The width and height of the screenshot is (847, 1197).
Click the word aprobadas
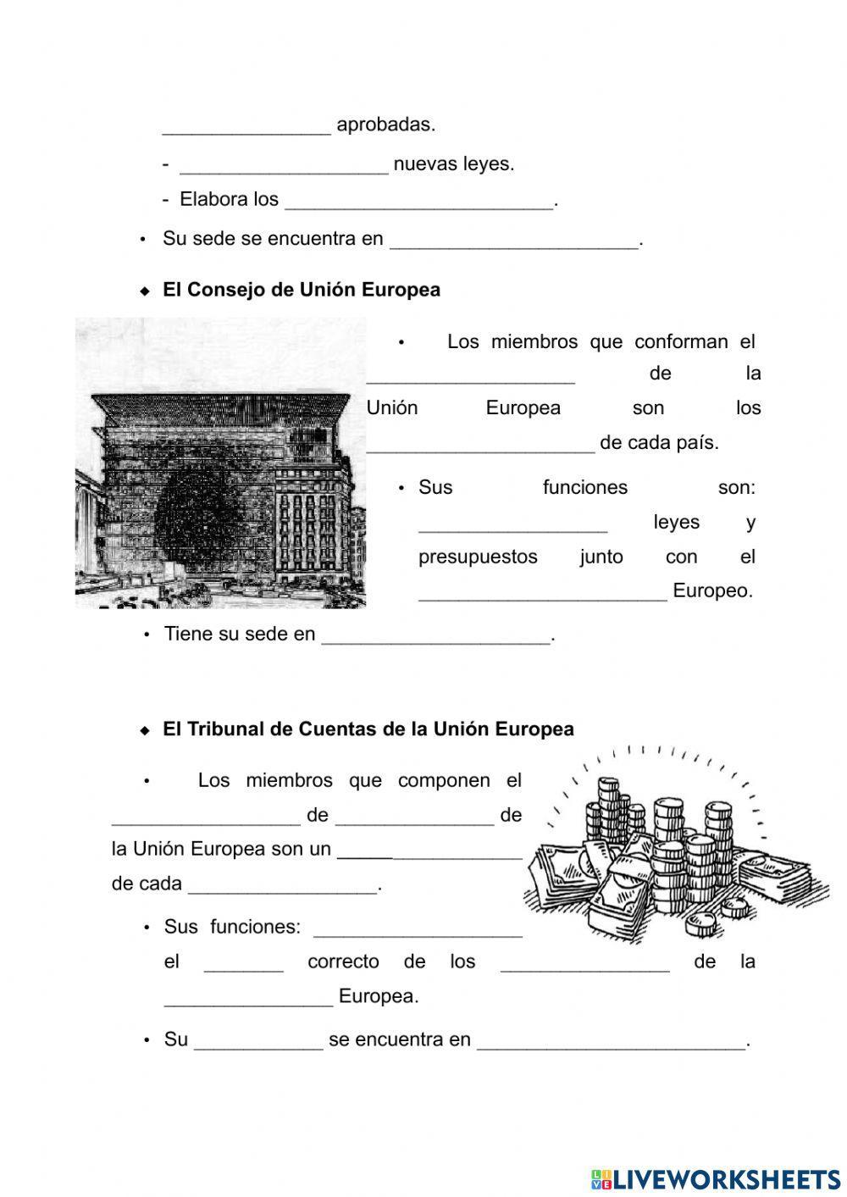coord(385,125)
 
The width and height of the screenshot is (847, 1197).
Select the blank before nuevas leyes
coord(284,165)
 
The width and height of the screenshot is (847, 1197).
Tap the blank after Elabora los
coord(419,201)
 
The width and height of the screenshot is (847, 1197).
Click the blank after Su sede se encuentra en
coord(513,241)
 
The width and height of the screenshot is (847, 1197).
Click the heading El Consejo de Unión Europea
coord(301,290)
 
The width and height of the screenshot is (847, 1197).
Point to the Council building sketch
coord(220,463)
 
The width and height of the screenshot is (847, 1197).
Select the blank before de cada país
coord(480,444)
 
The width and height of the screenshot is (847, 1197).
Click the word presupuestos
coord(478,557)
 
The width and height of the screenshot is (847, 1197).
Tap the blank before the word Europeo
coord(542,592)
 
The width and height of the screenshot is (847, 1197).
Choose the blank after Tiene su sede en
coord(435,635)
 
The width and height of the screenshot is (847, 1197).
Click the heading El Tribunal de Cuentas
coord(368,729)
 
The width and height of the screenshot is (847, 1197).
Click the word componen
coord(444,780)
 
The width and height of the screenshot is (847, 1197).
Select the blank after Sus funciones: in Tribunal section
coord(418,928)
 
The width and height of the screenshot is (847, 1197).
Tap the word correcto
coord(343,961)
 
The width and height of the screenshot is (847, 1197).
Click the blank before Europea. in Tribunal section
coord(248,998)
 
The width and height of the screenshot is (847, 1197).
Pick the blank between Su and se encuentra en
coord(258,1041)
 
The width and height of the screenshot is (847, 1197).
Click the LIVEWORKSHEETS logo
coord(715,1178)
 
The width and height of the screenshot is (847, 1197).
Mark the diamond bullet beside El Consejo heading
coord(145,291)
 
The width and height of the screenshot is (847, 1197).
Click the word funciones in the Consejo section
coord(584,487)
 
